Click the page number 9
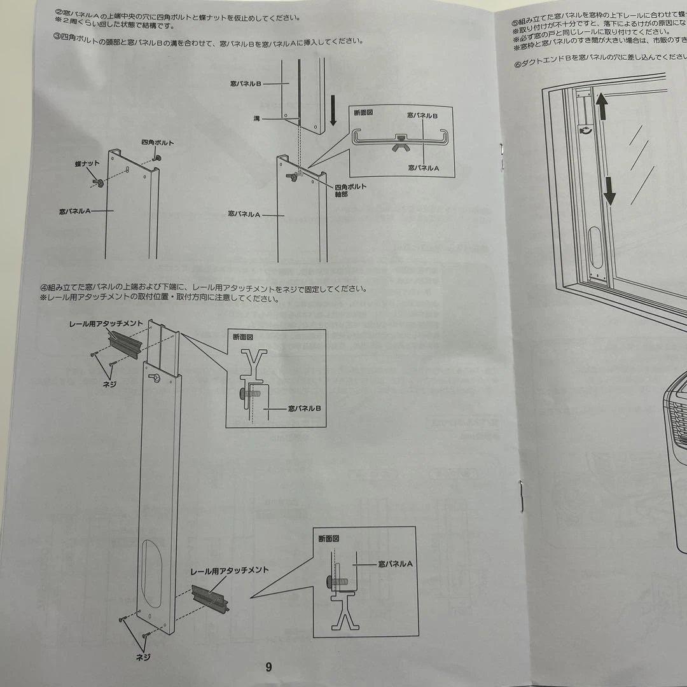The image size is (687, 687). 268,667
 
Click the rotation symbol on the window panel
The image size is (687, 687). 583,131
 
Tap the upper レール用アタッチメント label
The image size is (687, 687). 106,324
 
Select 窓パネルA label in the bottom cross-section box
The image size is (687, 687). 395,564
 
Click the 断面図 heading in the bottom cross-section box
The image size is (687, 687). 329,538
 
